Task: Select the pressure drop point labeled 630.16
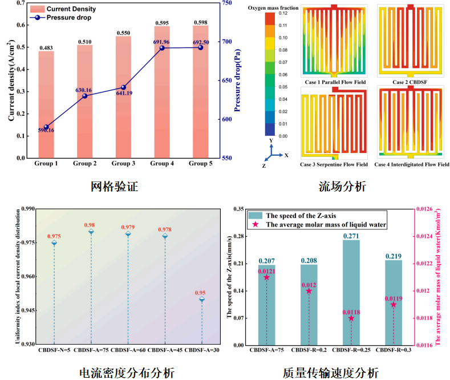coord(85,95)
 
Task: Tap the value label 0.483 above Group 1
coord(46,47)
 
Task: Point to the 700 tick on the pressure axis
coord(226,42)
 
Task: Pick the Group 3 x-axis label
coord(123,164)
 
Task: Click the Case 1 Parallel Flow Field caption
coord(335,82)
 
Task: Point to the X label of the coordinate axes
coord(286,155)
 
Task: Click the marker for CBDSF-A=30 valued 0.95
coord(202,300)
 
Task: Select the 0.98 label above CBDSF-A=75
coord(91,225)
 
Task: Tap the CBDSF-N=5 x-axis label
coord(55,350)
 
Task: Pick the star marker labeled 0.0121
coord(266,277)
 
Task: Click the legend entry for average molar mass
coord(319,225)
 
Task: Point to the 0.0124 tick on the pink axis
coord(428,236)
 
